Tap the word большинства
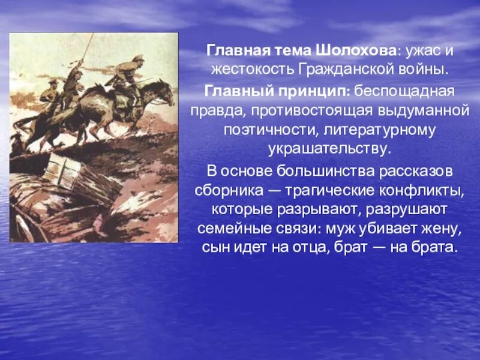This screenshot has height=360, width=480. [x=322, y=170]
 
